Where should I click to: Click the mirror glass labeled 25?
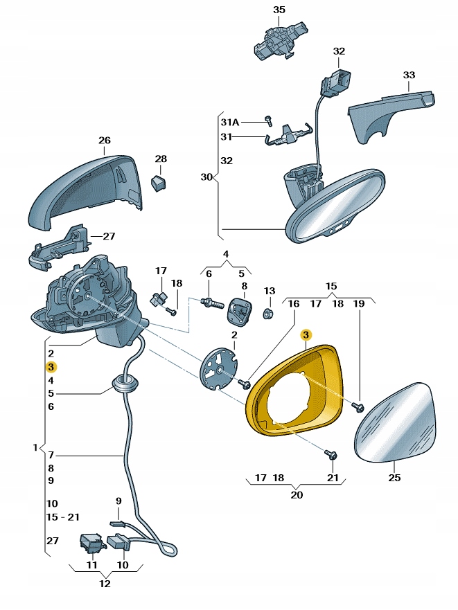click(397, 424)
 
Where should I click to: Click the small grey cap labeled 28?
click(160, 183)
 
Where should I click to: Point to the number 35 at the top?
click(279, 10)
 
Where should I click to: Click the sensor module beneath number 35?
click(279, 39)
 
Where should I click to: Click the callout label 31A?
click(229, 122)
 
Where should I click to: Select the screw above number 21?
click(331, 455)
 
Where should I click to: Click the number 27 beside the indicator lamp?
click(108, 236)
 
